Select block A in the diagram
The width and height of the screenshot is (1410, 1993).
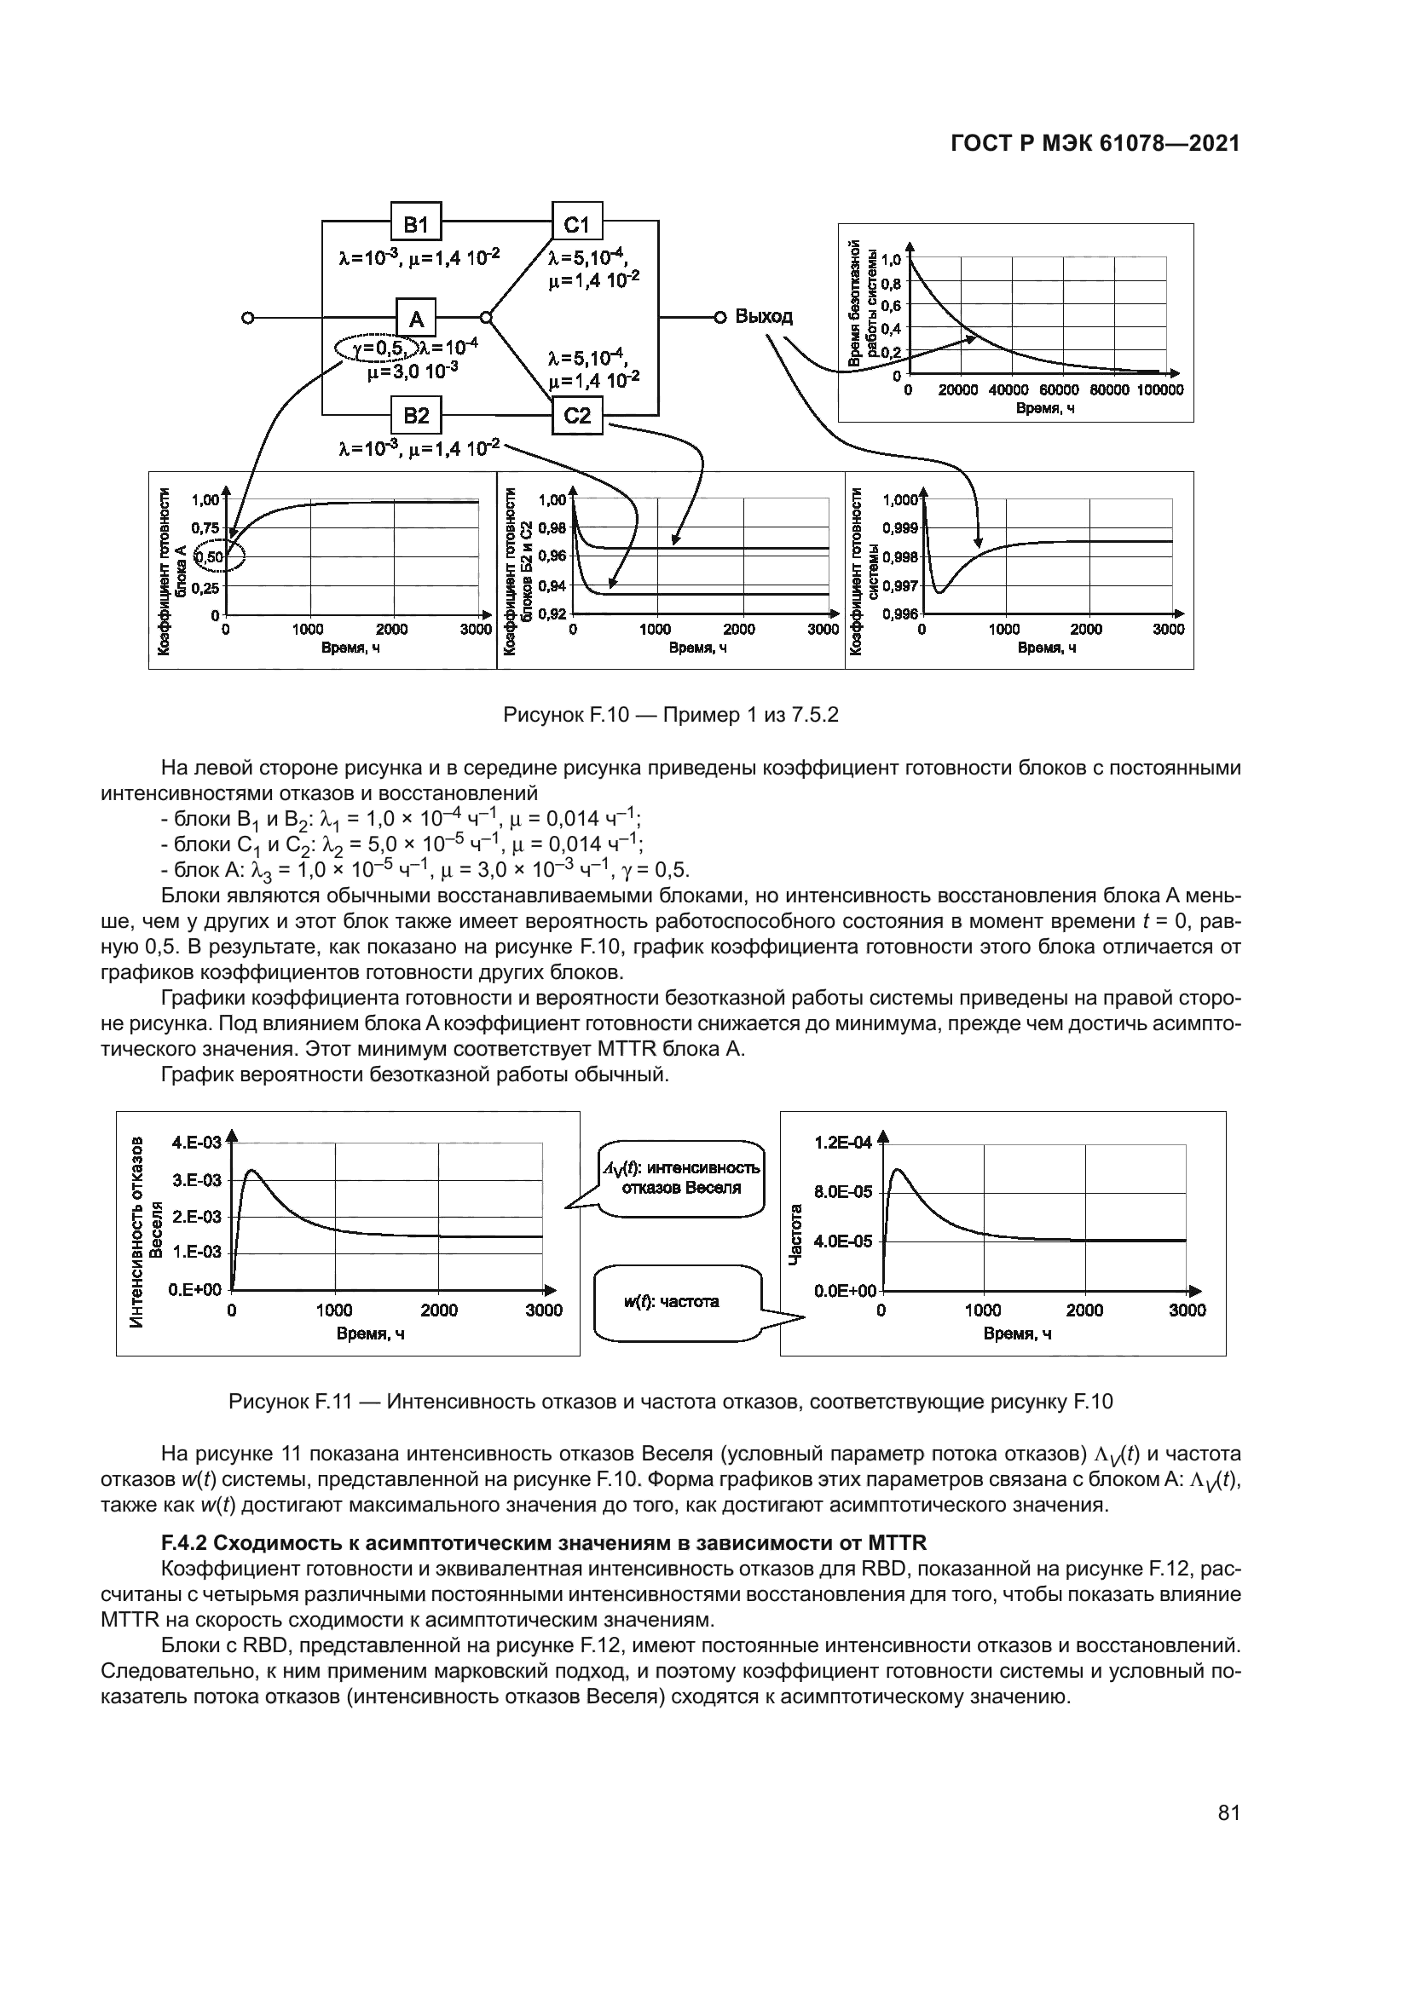pos(416,318)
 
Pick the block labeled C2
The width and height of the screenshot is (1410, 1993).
pos(577,415)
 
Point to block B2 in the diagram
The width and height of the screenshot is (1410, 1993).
pos(416,415)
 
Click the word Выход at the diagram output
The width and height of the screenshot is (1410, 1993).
pos(763,316)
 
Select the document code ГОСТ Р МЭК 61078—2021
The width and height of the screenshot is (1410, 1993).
pos(1095,143)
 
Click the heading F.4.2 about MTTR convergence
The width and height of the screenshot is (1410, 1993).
pos(545,1542)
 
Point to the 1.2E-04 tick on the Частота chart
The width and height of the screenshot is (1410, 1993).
pos(842,1143)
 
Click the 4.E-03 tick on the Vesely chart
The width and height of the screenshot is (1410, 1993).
pos(196,1143)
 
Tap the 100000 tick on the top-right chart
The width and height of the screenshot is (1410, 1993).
pos(1160,390)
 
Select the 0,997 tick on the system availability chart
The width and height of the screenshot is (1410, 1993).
pos(900,586)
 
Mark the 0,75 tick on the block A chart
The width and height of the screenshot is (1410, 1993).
pos(205,527)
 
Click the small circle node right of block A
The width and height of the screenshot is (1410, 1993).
pos(486,318)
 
